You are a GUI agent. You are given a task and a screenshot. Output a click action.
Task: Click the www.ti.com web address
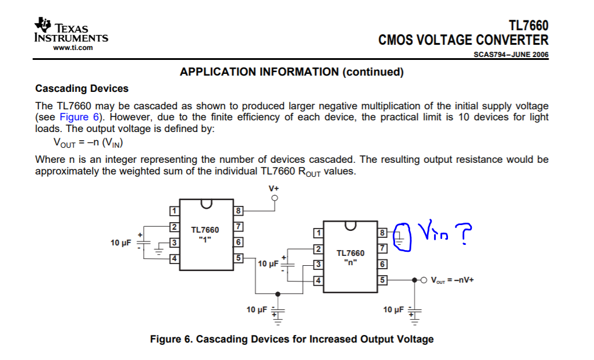(x=73, y=48)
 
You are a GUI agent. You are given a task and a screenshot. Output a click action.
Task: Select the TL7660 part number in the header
(x=528, y=26)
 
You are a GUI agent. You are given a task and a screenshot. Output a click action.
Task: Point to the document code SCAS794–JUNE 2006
(x=511, y=55)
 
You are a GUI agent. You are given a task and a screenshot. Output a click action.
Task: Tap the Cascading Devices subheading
(x=81, y=88)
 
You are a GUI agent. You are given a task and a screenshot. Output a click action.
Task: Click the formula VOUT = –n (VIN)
(x=88, y=142)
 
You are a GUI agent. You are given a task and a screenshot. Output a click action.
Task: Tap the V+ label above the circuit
(x=274, y=188)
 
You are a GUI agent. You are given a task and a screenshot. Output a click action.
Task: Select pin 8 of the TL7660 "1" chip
(x=237, y=210)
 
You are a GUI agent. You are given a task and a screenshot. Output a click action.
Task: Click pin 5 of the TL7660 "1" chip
(x=237, y=258)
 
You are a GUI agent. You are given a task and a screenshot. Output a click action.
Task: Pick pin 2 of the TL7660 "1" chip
(x=173, y=226)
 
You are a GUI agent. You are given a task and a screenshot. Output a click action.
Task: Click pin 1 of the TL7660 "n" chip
(x=317, y=233)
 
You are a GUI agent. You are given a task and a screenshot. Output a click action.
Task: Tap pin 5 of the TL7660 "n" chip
(x=382, y=280)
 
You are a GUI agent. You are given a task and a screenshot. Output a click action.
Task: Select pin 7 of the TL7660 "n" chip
(x=382, y=248)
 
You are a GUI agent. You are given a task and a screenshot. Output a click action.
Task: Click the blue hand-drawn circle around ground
(x=403, y=238)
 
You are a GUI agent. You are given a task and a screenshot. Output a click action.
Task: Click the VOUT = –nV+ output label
(x=451, y=280)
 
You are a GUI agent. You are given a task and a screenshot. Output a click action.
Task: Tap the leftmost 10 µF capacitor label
(x=121, y=242)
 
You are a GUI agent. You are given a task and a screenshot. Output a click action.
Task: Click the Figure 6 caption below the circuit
(x=291, y=339)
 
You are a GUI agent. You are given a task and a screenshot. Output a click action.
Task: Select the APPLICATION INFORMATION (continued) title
(x=291, y=72)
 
